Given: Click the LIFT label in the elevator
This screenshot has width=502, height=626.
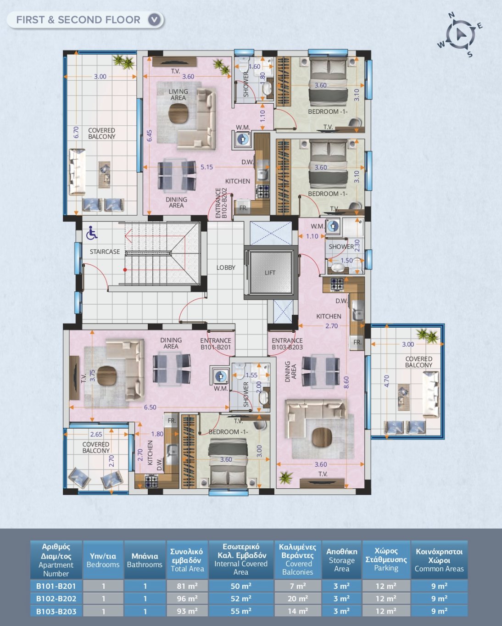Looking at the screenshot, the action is [270, 273].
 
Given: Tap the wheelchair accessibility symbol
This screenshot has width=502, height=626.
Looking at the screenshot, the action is [92, 233].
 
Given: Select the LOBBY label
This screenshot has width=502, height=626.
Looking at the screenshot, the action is [226, 268].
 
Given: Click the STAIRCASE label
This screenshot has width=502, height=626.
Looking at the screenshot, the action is [105, 252].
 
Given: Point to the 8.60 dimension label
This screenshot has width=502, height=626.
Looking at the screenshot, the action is [346, 382].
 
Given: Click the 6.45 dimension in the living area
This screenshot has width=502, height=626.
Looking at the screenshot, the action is [149, 136].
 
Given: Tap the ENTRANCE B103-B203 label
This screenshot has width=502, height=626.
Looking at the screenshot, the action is [287, 344].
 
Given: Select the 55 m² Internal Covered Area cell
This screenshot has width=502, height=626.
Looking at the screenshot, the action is [241, 610].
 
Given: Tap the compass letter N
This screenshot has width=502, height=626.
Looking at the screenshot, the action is [452, 16].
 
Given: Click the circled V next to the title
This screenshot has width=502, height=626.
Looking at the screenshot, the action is [154, 20].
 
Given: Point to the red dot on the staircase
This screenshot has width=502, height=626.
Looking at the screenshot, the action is [125, 270].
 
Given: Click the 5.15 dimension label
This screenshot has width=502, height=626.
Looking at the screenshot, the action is [206, 167].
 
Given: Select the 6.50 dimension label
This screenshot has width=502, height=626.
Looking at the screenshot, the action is [150, 407].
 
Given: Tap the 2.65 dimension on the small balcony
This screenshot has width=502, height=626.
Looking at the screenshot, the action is [96, 434].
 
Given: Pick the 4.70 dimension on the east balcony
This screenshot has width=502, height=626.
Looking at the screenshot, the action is [386, 381].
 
